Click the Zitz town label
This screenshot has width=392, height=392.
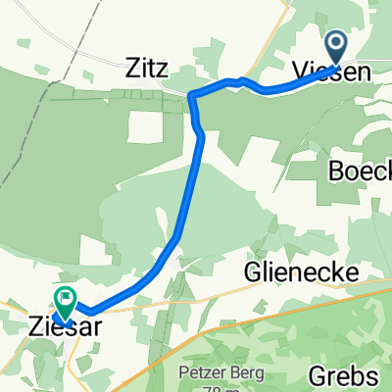click(147, 71)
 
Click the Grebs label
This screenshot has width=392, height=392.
click(343, 375)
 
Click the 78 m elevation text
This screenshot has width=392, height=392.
click(213, 386)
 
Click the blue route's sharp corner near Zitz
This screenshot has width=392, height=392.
click(191, 94)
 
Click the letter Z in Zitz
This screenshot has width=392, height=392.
click(132, 71)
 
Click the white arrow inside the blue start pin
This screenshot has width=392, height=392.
click(335, 43)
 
